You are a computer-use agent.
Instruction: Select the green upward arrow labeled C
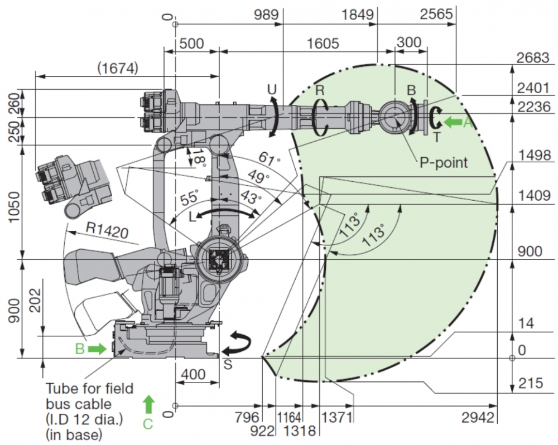point(148,403)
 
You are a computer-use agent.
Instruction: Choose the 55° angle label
point(190,197)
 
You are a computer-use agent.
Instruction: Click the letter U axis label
point(272,89)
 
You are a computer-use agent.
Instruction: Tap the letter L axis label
point(193,217)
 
